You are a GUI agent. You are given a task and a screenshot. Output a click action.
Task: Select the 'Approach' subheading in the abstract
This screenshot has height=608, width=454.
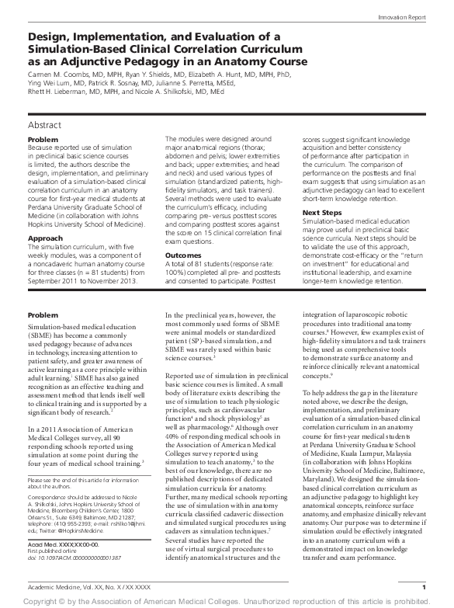(46, 217)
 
